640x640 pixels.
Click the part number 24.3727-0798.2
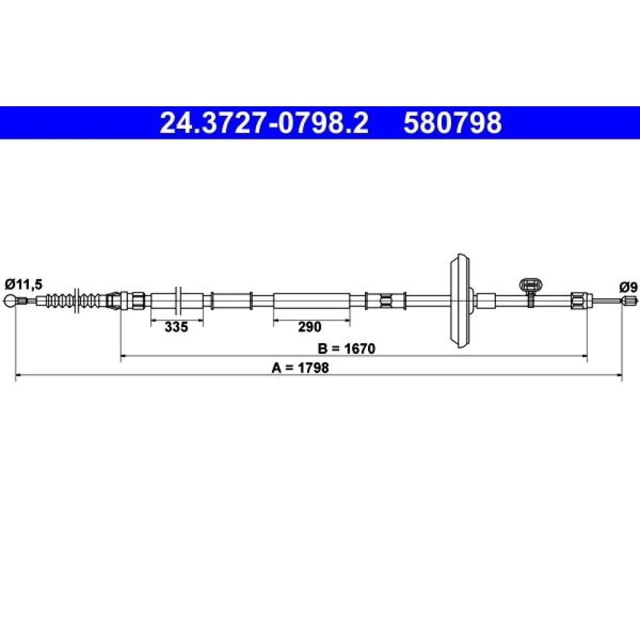[x=264, y=123]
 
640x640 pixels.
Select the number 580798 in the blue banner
[x=452, y=123]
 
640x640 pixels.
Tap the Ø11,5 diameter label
[x=24, y=284]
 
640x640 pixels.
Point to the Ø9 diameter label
[x=628, y=287]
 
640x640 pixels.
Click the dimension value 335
[x=177, y=326]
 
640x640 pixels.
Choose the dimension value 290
[x=309, y=326]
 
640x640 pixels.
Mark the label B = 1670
[x=346, y=349]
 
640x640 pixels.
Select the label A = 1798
[x=300, y=368]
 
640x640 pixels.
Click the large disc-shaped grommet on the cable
[x=460, y=301]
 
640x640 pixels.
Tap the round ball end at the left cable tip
[x=10, y=301]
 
